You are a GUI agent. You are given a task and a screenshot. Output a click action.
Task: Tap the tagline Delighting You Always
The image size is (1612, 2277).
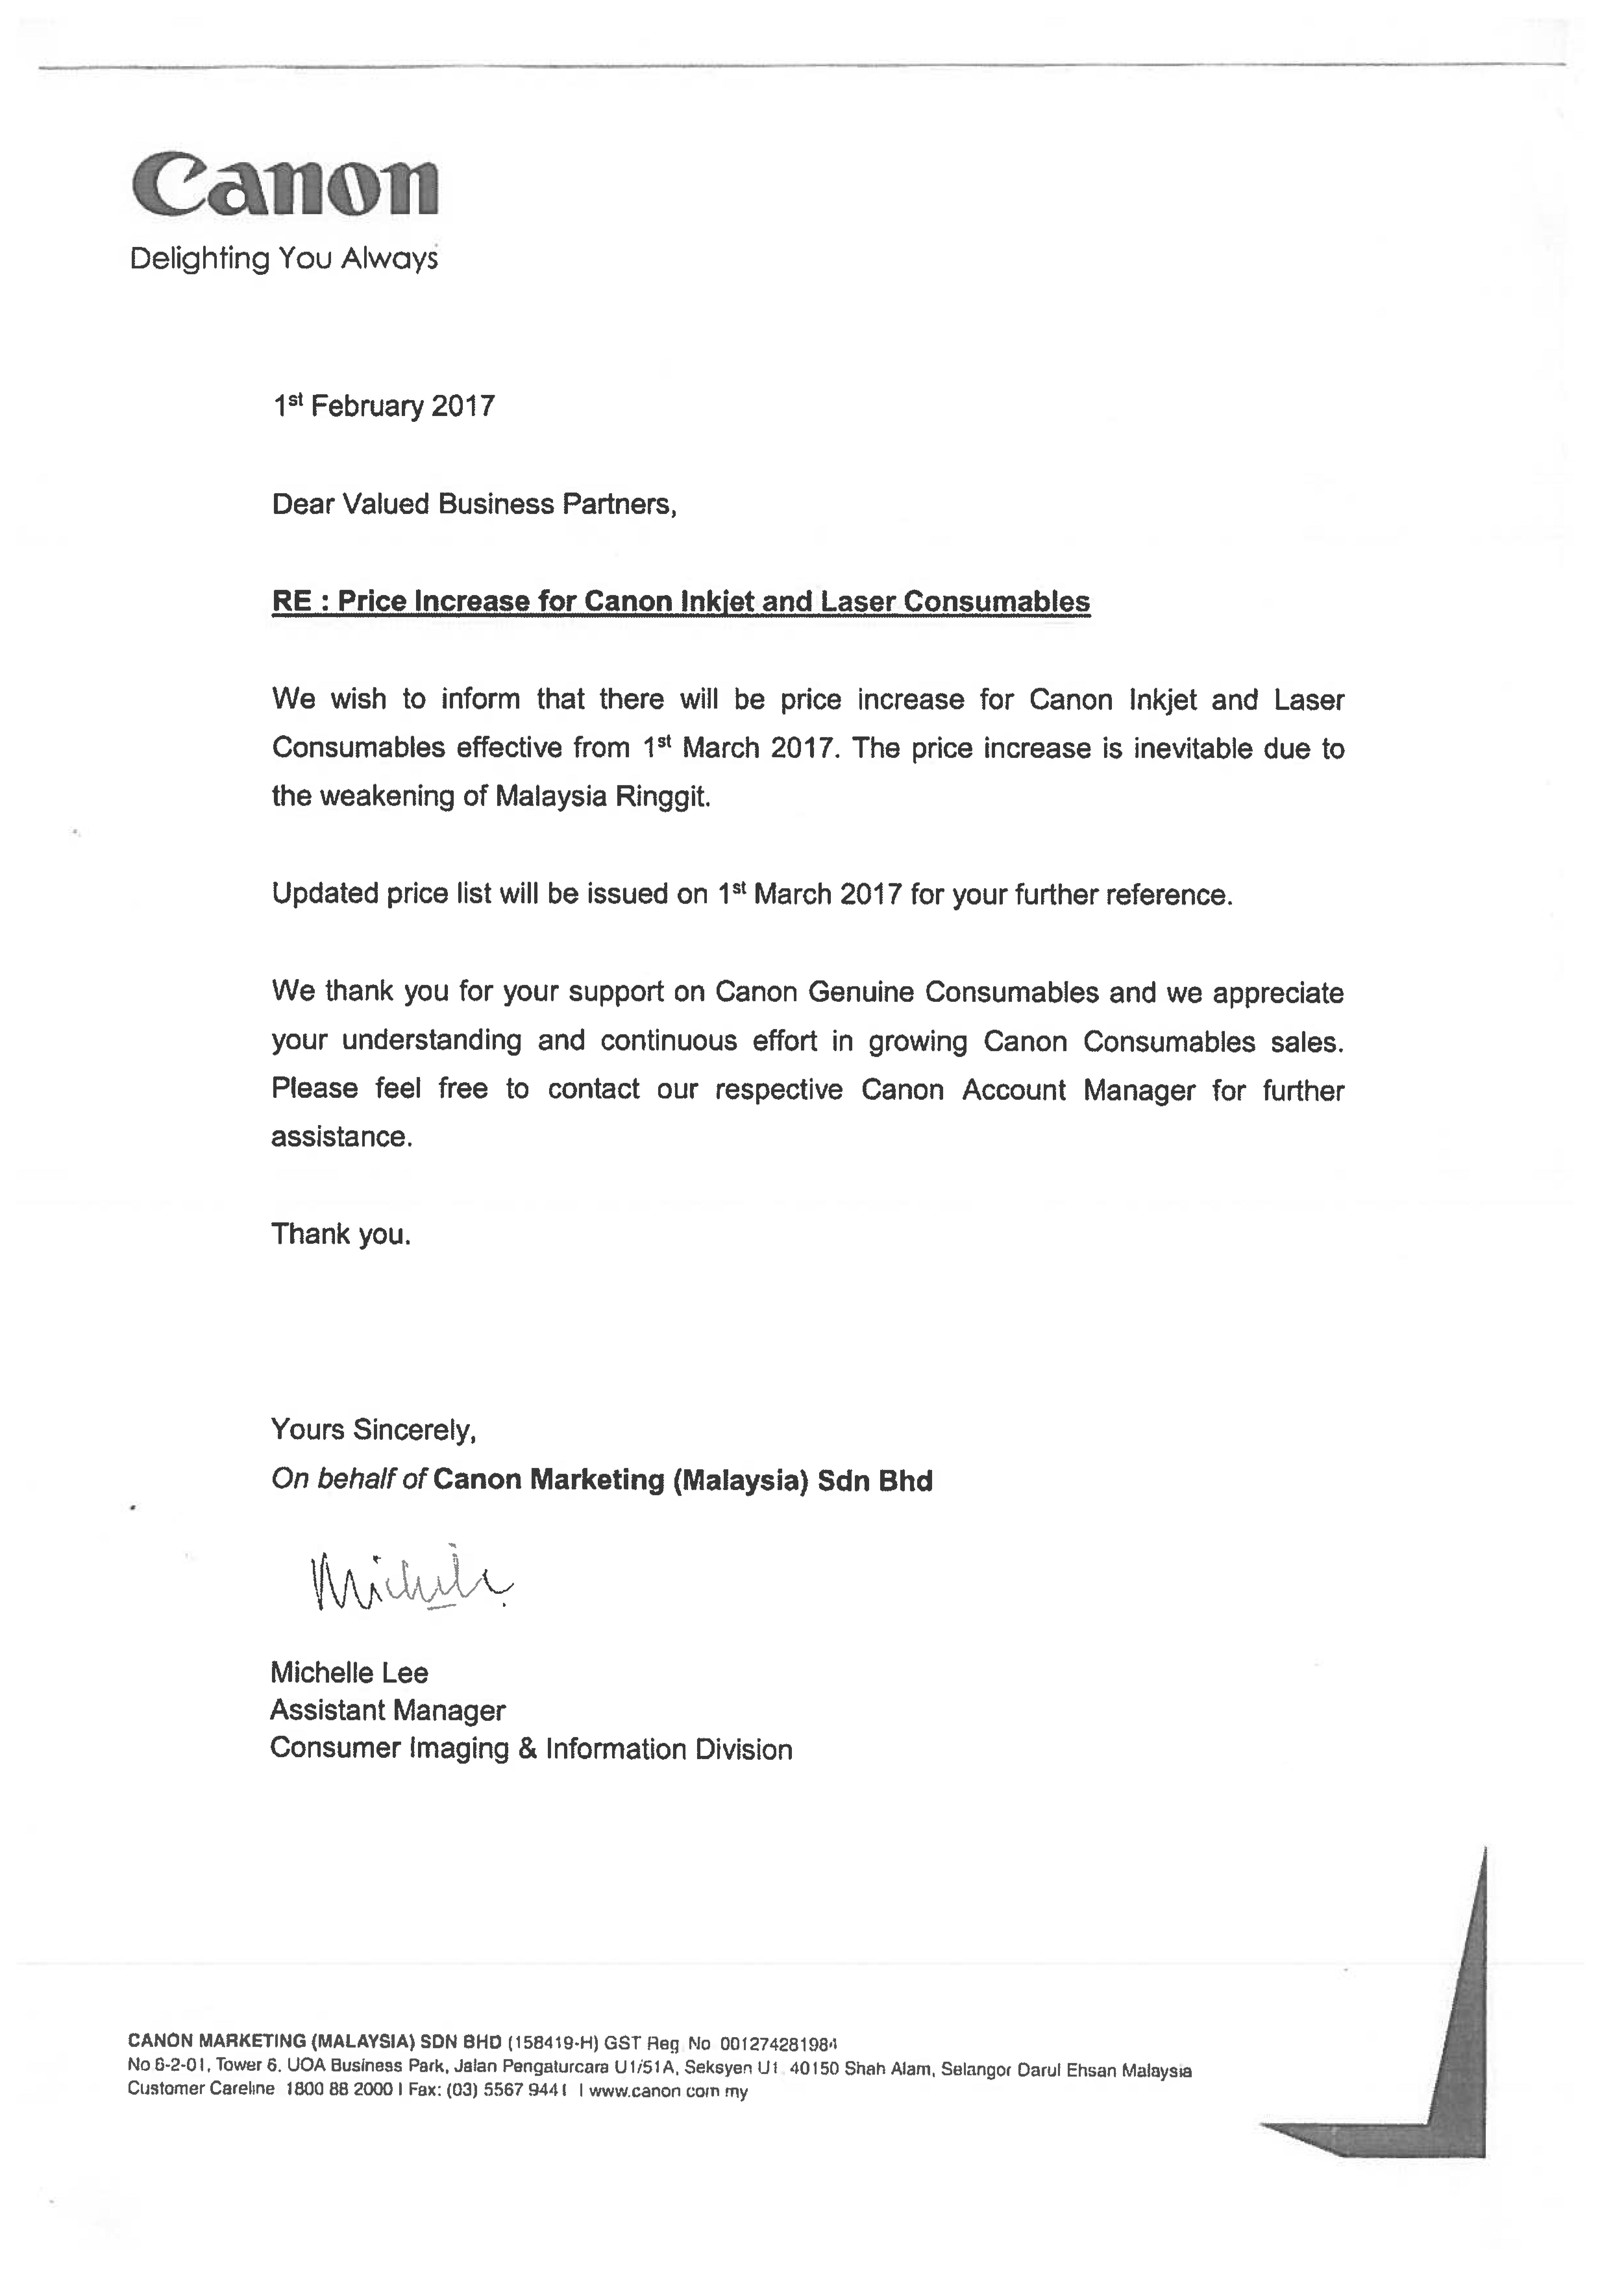[284, 259]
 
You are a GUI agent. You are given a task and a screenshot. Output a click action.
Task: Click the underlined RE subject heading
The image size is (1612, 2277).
[681, 602]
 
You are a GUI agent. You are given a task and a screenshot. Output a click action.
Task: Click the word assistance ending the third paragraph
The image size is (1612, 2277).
[340, 1137]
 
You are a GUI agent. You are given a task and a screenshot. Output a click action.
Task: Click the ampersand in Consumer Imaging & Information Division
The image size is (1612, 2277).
[527, 1749]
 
